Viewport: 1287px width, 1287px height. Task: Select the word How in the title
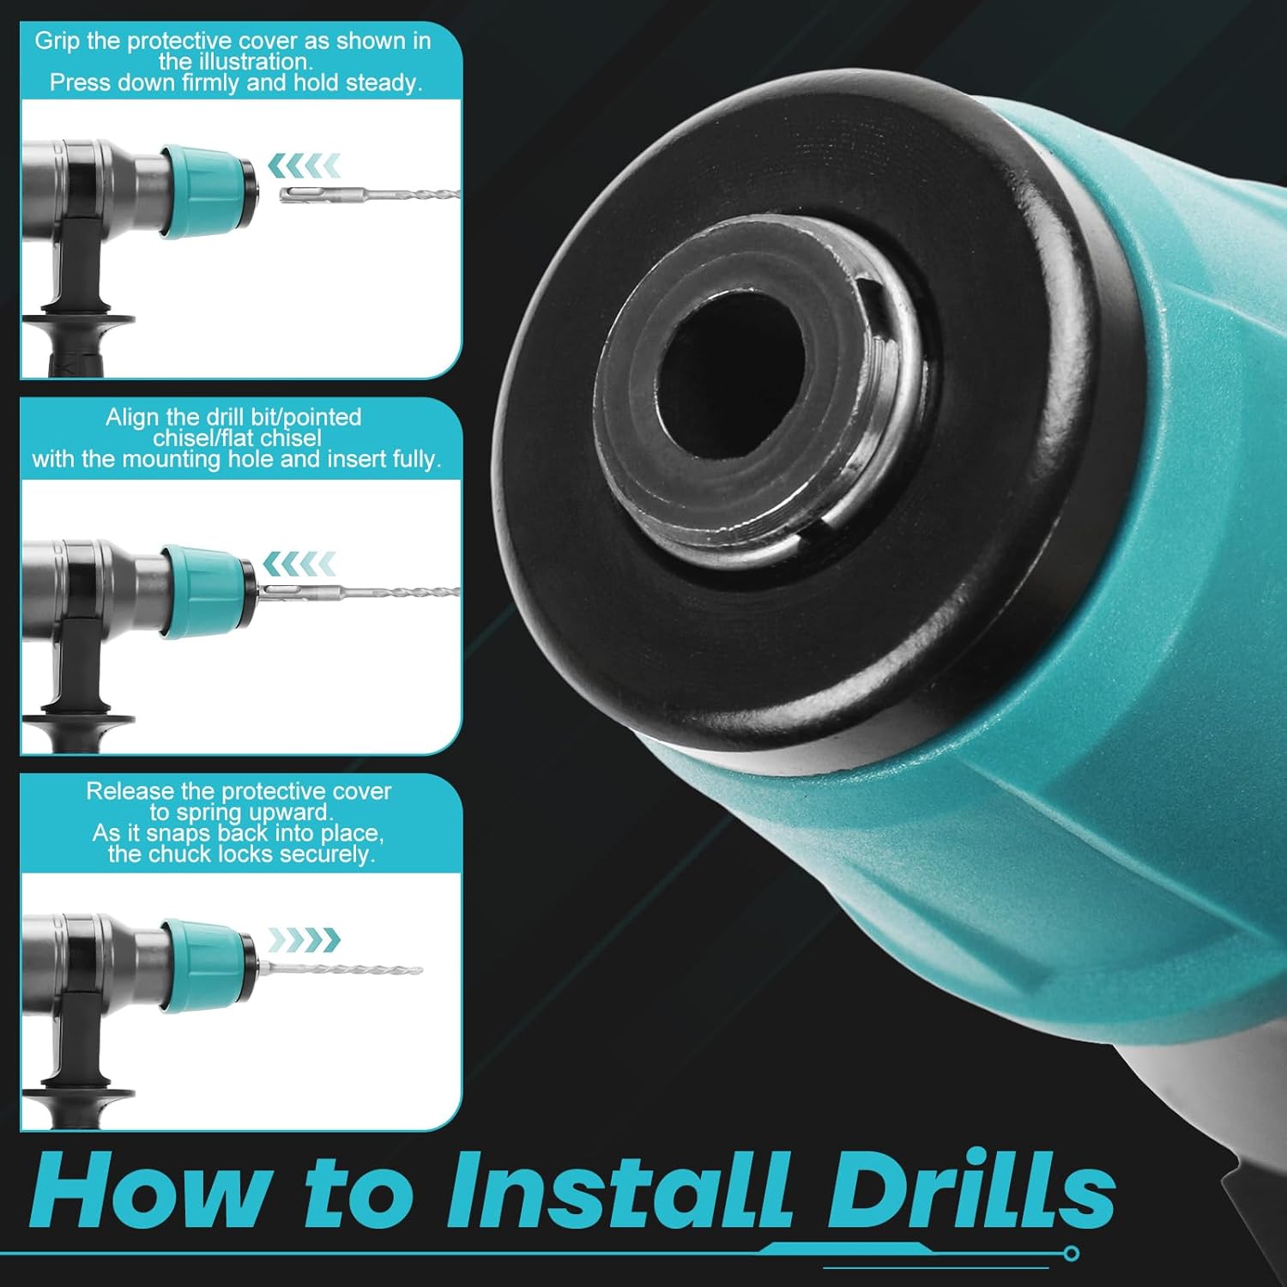[148, 1190]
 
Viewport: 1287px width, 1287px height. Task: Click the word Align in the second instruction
[133, 418]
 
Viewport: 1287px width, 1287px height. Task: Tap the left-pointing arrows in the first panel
[305, 165]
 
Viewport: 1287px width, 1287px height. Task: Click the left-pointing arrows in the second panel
[299, 564]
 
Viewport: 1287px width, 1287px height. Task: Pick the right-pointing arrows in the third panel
[305, 940]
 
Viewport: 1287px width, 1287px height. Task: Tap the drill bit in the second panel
[359, 592]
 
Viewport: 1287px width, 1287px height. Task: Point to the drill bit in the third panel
[341, 970]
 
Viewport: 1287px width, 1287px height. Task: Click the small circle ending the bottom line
[1071, 1254]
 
